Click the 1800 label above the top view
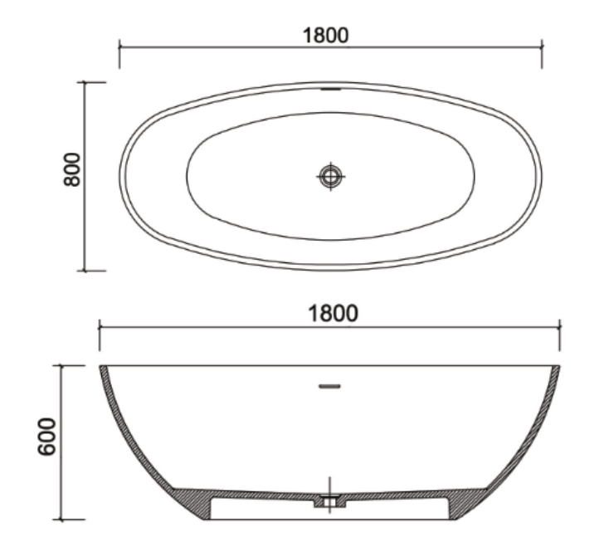click(x=325, y=36)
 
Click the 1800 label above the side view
click(x=333, y=313)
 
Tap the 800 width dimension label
click(x=72, y=169)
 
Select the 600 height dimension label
click(x=47, y=436)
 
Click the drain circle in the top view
click(x=330, y=176)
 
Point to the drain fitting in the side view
click(x=330, y=501)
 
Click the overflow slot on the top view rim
click(x=330, y=89)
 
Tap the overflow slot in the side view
click(x=329, y=386)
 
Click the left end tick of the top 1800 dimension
click(x=119, y=47)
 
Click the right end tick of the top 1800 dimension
click(x=542, y=47)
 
